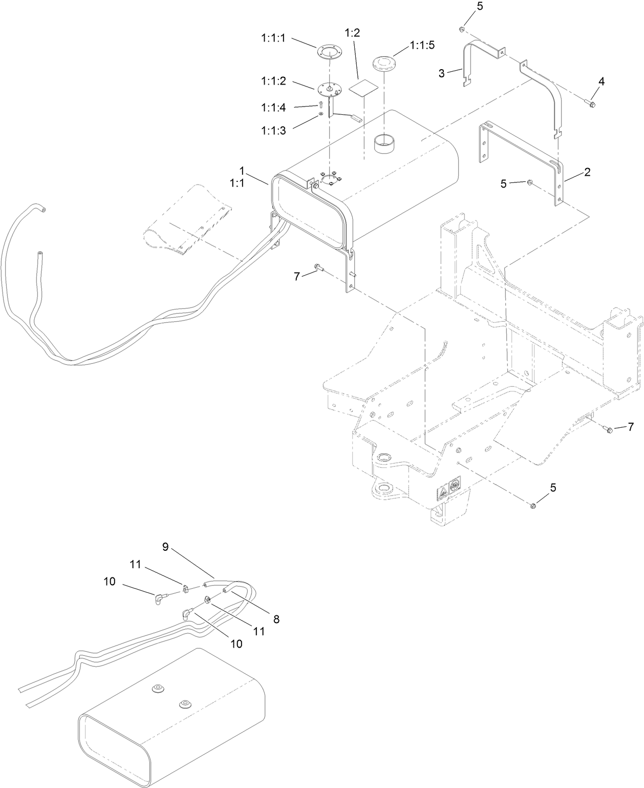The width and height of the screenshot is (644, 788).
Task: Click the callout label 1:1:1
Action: point(274,38)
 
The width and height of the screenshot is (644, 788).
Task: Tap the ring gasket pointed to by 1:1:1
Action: point(329,52)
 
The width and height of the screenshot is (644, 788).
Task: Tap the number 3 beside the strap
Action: point(442,73)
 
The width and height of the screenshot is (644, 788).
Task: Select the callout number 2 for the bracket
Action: point(587,172)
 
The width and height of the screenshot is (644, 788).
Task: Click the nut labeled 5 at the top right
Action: point(462,29)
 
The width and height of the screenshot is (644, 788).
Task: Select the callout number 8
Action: point(276,619)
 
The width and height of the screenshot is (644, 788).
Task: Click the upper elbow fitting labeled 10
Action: point(161,598)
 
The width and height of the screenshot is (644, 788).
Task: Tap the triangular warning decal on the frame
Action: point(442,493)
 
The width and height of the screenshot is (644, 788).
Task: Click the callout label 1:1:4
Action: point(274,107)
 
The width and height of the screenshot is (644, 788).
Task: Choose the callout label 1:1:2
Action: point(274,81)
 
